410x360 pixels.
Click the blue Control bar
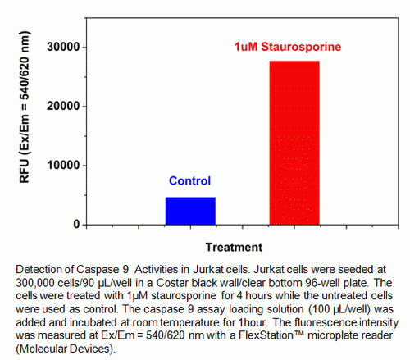(x=190, y=211)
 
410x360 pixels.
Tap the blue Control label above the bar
(x=190, y=181)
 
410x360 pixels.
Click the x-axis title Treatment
(x=234, y=247)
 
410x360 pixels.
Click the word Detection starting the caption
(x=37, y=267)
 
